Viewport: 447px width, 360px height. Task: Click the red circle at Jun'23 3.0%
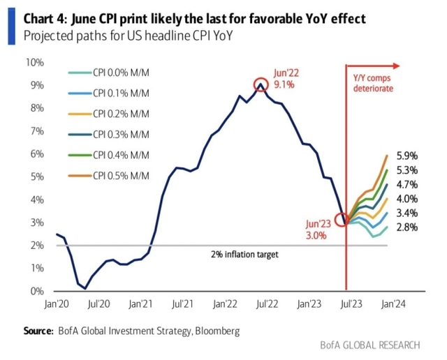(342, 220)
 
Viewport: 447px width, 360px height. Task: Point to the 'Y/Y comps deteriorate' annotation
(373, 84)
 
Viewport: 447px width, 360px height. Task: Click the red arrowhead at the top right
(395, 66)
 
